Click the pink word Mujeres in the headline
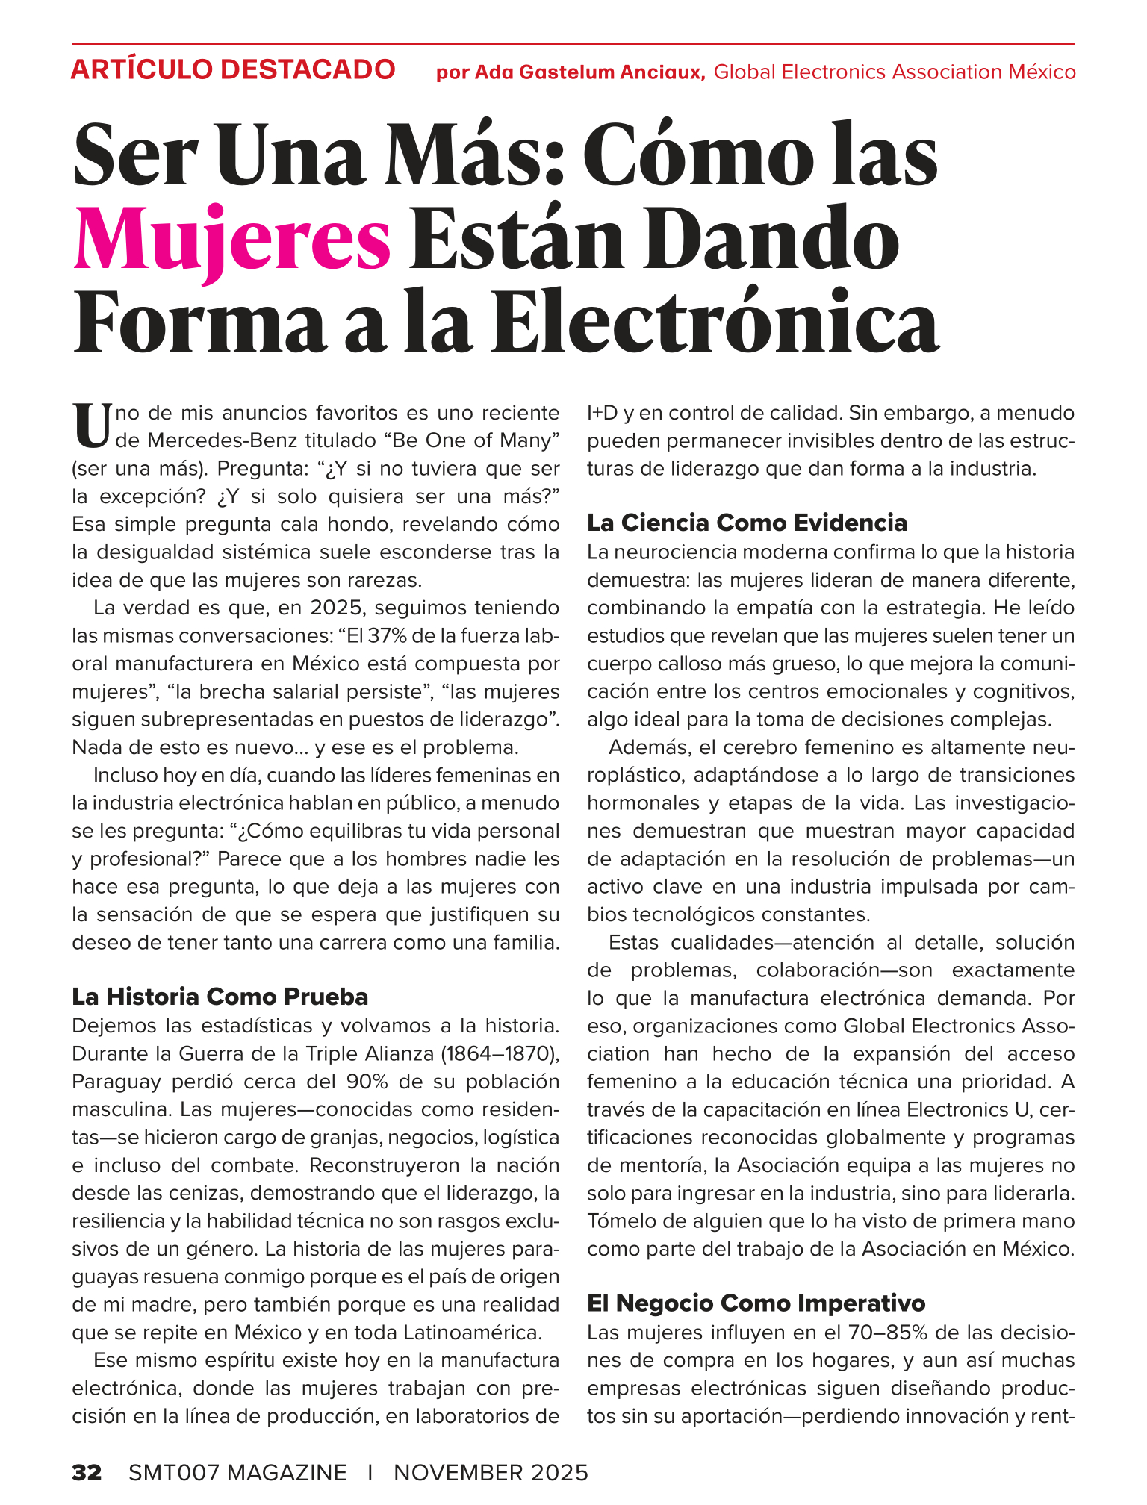[232, 240]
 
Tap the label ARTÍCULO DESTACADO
[232, 70]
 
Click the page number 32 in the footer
[87, 1472]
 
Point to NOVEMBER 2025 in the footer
[491, 1472]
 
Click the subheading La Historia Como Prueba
[220, 997]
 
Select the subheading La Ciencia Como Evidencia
[747, 523]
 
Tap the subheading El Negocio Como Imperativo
[756, 1303]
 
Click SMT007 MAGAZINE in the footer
[237, 1472]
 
